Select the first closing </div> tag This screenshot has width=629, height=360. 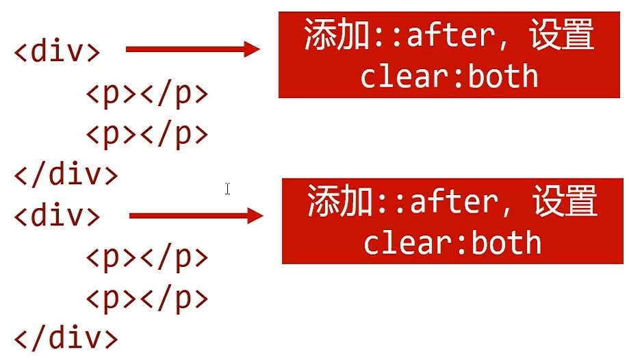(66, 175)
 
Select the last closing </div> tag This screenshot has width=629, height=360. (66, 339)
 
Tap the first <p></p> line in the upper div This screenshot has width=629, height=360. (146, 94)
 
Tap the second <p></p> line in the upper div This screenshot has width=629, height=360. (146, 134)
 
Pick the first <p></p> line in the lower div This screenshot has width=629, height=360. (146, 258)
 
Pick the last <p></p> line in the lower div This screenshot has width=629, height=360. (146, 299)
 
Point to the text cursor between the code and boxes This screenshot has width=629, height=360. (227, 188)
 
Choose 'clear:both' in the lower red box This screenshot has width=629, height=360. (452, 243)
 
